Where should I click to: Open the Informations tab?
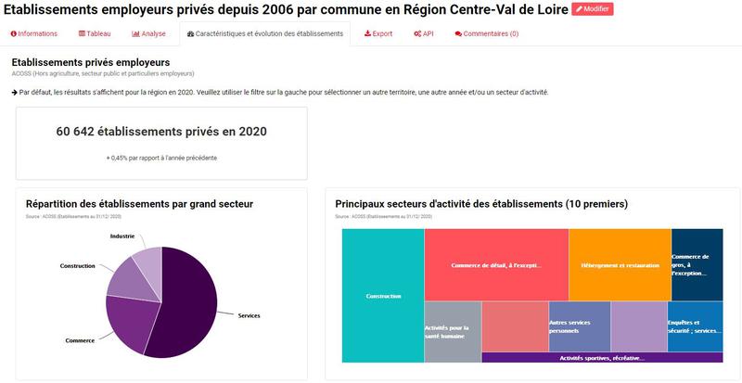(34, 33)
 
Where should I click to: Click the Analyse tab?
(149, 33)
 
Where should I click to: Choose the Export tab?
(378, 33)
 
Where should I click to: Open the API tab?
(424, 33)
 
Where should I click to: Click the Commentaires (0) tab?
(487, 33)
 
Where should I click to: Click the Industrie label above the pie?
(122, 236)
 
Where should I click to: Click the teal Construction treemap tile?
(383, 296)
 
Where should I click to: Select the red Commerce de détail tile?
(496, 264)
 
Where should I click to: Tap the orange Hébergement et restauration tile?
(619, 264)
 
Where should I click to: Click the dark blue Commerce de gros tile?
(697, 264)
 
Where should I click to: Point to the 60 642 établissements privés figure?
(161, 132)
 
